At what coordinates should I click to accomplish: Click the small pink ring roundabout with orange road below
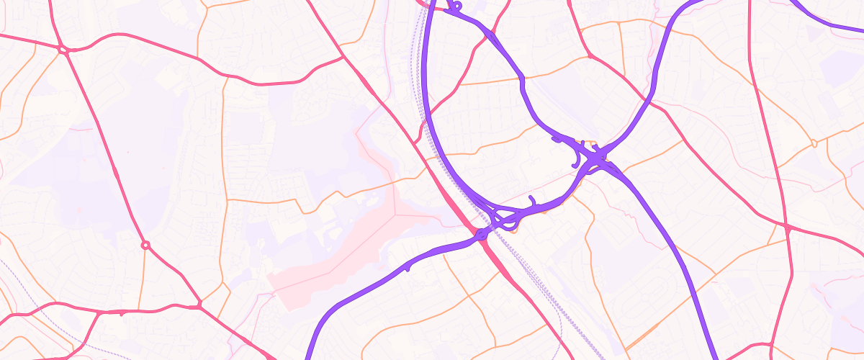[x=145, y=246]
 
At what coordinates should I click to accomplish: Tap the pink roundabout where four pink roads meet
[x=63, y=50]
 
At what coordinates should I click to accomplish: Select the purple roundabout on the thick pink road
[x=481, y=235]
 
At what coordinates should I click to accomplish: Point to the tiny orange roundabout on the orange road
[x=814, y=143]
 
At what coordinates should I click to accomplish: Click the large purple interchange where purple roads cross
[x=596, y=157]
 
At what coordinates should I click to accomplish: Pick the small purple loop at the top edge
[x=455, y=6]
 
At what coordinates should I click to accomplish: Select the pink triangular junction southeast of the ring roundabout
[x=199, y=306]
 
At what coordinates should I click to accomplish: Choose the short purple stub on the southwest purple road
[x=408, y=267]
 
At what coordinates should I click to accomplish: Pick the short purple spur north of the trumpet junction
[x=531, y=199]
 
